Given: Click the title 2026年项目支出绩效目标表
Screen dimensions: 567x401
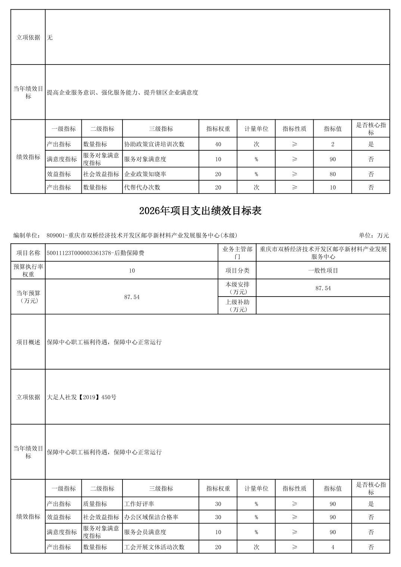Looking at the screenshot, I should pyautogui.click(x=200, y=211).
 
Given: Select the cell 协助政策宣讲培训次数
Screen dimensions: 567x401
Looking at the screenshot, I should pyautogui.click(x=154, y=144).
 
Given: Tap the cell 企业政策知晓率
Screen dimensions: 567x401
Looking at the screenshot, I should pyautogui.click(x=145, y=174).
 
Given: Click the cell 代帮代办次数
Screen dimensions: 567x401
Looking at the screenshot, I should pyautogui.click(x=142, y=188).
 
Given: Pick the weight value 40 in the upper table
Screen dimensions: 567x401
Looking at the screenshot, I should pyautogui.click(x=218, y=144).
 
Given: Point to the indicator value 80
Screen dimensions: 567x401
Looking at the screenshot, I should pyautogui.click(x=332, y=174).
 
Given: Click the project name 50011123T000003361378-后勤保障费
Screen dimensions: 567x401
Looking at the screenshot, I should pyautogui.click(x=96, y=253).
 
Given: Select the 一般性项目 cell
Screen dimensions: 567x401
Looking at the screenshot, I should pyautogui.click(x=323, y=270).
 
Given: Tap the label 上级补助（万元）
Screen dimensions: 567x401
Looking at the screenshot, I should pyautogui.click(x=237, y=306).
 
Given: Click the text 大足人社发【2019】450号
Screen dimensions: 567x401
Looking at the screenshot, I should pyautogui.click(x=82, y=397).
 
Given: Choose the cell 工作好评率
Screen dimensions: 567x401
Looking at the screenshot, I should pyautogui.click(x=139, y=504).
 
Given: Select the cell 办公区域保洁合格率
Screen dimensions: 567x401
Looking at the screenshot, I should pyautogui.click(x=151, y=517).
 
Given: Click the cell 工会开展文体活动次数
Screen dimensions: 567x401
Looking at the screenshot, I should pyautogui.click(x=154, y=547).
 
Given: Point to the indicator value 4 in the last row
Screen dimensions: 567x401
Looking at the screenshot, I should pyautogui.click(x=332, y=547).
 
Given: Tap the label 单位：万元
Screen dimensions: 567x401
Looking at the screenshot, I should pyautogui.click(x=374, y=235).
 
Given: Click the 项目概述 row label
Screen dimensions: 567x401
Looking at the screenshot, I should pyautogui.click(x=28, y=342).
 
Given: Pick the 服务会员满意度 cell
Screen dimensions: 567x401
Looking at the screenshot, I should pyautogui.click(x=145, y=532).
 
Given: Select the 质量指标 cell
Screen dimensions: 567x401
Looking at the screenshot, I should pyautogui.click(x=95, y=504).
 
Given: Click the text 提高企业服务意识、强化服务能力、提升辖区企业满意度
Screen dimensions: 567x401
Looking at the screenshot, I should pyautogui.click(x=122, y=93).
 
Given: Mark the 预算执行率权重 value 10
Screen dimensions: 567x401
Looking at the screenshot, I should pyautogui.click(x=132, y=270).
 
